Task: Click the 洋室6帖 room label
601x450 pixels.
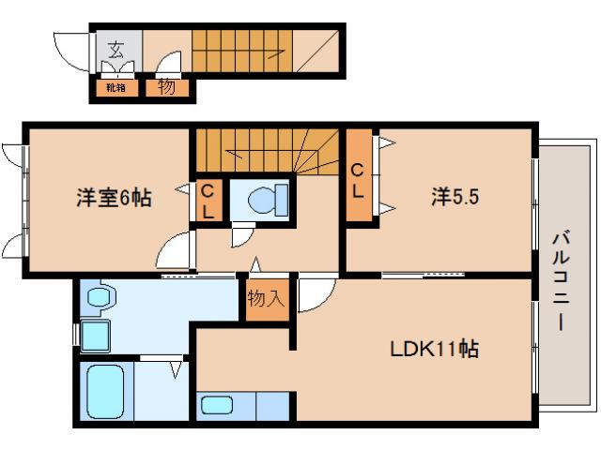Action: coord(114,198)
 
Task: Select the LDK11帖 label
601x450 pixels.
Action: coord(436,349)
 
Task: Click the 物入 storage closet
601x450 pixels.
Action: coord(267,299)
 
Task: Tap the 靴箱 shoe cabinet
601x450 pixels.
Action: coord(116,88)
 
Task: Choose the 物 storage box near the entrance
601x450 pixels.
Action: coord(166,88)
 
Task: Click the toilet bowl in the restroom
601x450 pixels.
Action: coord(260,200)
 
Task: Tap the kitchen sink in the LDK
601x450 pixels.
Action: coord(218,405)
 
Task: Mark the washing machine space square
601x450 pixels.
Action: coord(96,335)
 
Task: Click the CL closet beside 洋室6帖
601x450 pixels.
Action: coord(209,202)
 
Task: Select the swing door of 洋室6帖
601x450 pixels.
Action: coord(176,252)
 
